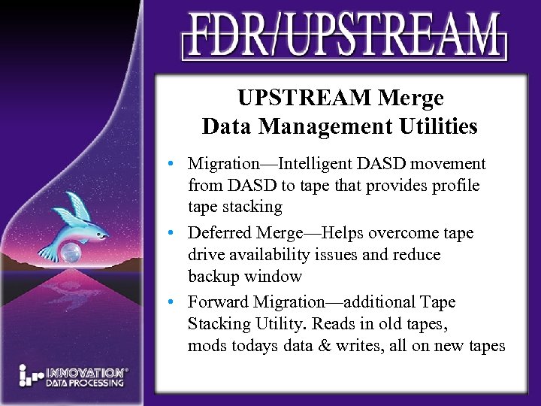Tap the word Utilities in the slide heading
click(x=437, y=126)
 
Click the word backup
click(x=213, y=277)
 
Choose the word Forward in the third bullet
click(x=218, y=302)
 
